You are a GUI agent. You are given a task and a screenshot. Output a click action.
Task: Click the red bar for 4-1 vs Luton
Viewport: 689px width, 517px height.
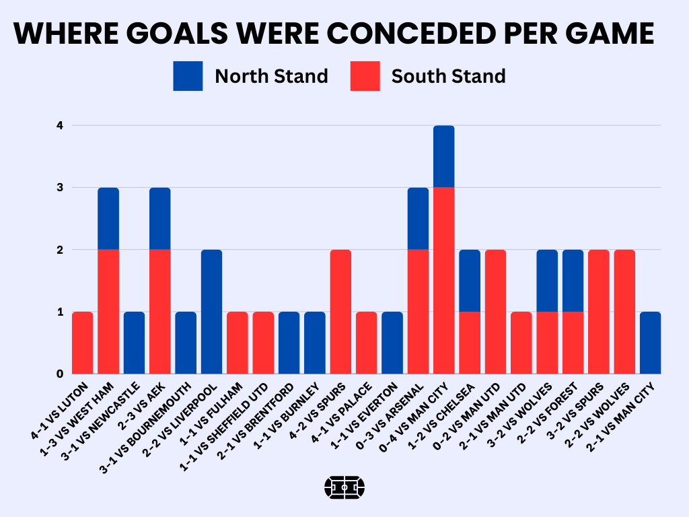(x=82, y=343)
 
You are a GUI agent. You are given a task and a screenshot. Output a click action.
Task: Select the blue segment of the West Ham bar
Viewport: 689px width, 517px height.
(x=108, y=218)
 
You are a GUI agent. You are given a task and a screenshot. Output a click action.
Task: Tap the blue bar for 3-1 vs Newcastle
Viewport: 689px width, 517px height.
(x=134, y=343)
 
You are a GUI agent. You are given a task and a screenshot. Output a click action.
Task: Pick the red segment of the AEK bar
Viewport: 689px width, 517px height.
(x=159, y=311)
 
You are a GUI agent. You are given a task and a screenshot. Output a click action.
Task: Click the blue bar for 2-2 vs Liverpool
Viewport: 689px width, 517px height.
(x=211, y=311)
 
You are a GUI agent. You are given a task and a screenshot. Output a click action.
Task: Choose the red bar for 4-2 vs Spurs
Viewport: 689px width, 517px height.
(x=340, y=311)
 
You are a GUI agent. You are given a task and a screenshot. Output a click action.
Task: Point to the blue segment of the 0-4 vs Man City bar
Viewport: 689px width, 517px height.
(x=443, y=156)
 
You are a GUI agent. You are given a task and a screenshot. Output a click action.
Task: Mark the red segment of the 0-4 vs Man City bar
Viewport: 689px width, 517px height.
(x=443, y=280)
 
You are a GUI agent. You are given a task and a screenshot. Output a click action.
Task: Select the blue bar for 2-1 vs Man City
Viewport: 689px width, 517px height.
(x=650, y=343)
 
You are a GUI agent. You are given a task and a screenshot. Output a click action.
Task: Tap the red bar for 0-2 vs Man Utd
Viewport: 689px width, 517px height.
(x=495, y=311)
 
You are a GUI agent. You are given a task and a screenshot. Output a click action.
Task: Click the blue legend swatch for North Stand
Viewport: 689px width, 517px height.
(x=188, y=76)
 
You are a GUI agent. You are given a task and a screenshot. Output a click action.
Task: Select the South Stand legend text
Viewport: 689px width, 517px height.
(x=448, y=76)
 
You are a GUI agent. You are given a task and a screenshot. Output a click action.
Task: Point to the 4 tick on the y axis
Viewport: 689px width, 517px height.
(x=59, y=125)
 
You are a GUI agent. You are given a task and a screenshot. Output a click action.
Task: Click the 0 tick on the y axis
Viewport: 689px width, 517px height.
(x=59, y=374)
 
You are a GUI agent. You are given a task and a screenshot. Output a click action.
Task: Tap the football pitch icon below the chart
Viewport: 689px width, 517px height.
(x=344, y=486)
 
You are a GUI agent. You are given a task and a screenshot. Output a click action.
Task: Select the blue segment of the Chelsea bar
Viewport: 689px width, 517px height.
(x=470, y=280)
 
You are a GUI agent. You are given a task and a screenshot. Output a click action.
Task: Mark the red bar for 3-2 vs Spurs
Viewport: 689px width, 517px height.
(x=598, y=311)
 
